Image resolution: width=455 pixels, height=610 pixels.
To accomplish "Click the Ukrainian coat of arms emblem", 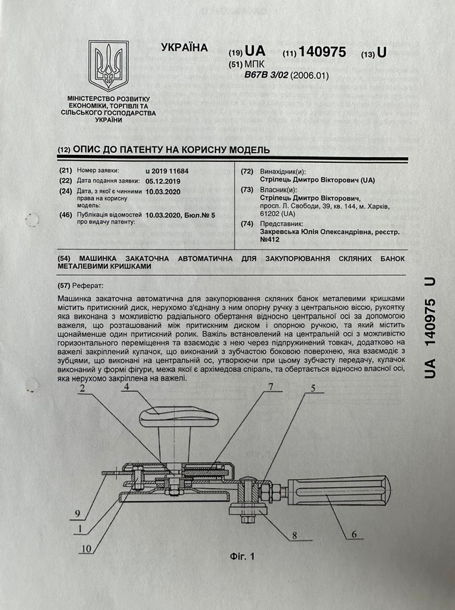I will tap(108, 65).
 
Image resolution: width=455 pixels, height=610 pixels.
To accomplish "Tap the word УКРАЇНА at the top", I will tap(184, 48).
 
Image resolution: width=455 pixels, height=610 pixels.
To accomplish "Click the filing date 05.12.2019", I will tap(164, 181).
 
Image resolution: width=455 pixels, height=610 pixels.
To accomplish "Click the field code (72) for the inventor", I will tap(247, 171).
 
